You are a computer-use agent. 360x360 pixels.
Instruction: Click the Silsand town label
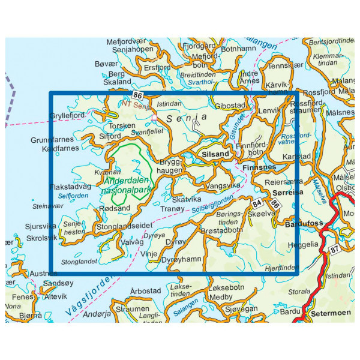pyautogui.click(x=217, y=154)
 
